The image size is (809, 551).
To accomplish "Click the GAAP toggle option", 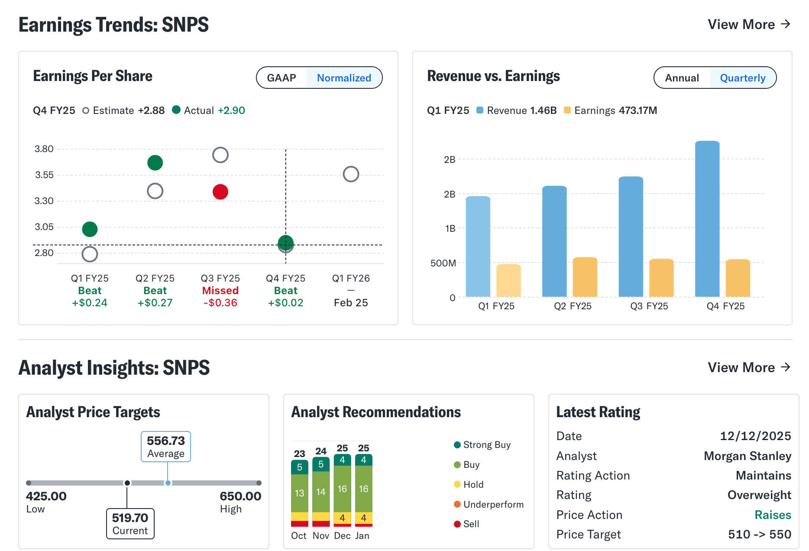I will point(282,78).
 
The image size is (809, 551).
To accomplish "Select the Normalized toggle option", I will point(344,78).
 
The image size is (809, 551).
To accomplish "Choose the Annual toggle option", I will point(682,78).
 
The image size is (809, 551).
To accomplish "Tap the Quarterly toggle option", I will point(742,78).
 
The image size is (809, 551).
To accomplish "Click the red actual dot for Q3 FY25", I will point(220,191).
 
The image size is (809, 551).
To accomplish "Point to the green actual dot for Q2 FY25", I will point(155,163).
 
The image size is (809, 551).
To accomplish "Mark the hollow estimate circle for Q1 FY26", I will point(351,174).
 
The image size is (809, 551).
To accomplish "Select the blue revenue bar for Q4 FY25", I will point(707,219).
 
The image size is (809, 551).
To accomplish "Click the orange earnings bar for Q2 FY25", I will point(585,277).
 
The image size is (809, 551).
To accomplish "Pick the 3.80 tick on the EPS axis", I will point(44,149).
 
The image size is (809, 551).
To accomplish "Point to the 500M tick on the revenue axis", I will point(443,263).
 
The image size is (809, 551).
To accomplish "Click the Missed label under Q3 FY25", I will point(220,291).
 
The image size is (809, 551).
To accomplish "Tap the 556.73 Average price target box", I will point(166,446).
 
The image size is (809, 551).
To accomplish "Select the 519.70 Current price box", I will point(130,524).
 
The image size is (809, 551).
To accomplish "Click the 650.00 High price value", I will point(240,496).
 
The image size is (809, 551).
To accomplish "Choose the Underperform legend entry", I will point(493,504).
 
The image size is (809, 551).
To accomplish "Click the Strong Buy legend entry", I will point(486,445).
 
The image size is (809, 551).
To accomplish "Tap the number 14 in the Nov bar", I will point(321,492).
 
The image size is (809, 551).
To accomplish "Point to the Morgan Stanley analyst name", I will point(747,456).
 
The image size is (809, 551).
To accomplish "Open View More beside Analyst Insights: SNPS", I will point(749,367).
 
